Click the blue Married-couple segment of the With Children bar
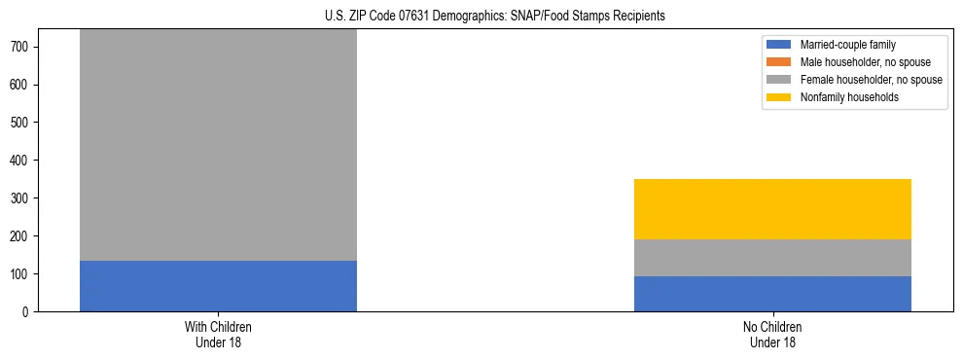click(x=218, y=286)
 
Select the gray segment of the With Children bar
click(x=218, y=145)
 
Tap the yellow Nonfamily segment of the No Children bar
click(x=772, y=209)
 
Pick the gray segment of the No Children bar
click(x=772, y=258)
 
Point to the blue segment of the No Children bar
click(x=772, y=294)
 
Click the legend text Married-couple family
click(x=847, y=45)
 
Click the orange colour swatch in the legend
click(x=780, y=62)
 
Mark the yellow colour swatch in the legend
click(x=780, y=97)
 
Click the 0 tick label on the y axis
click(x=28, y=311)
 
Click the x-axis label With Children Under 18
click(x=218, y=335)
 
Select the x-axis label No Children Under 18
click(x=772, y=335)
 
